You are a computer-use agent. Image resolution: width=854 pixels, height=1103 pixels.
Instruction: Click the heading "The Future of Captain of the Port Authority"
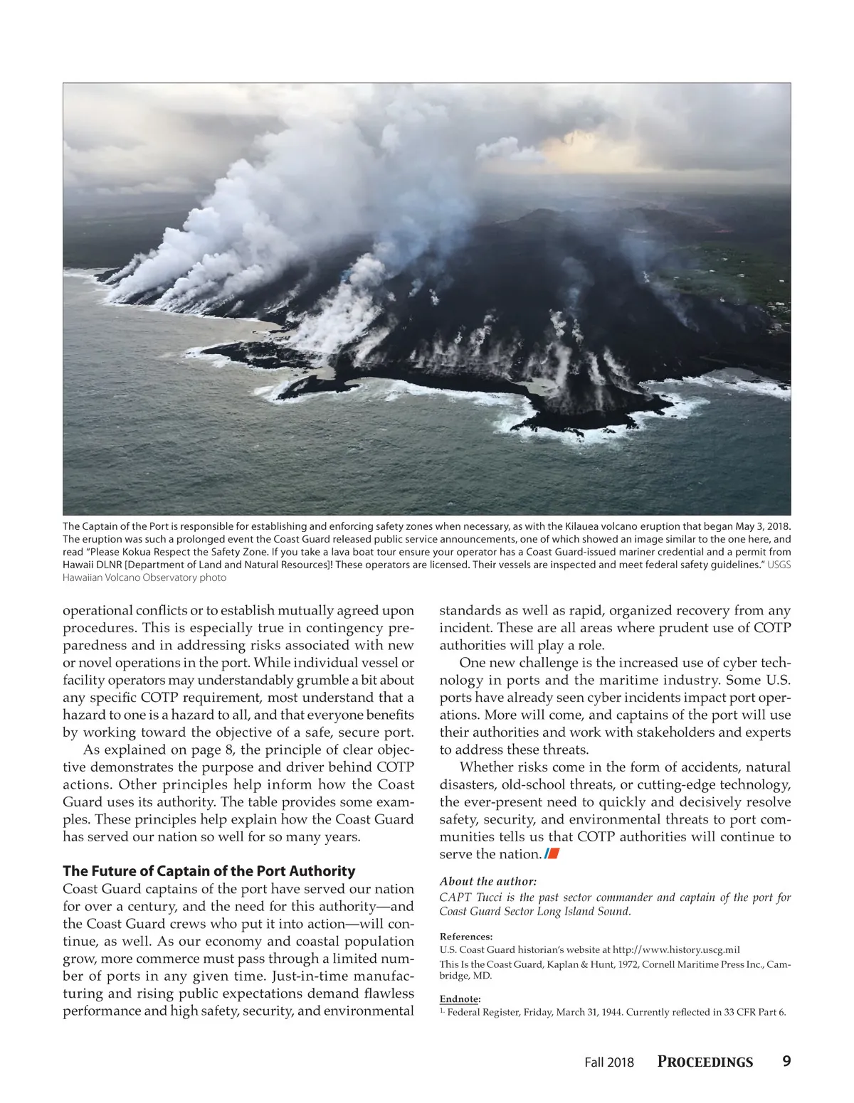(209, 871)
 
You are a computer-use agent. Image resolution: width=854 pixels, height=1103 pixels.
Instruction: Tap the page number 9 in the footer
(786, 1061)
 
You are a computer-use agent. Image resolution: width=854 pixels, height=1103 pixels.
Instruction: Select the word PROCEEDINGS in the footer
(705, 1062)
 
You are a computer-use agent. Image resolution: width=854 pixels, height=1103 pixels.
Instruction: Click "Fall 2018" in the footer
(608, 1062)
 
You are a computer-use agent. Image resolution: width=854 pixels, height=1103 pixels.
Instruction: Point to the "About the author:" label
(487, 881)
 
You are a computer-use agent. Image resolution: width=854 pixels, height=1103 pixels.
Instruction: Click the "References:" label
(465, 937)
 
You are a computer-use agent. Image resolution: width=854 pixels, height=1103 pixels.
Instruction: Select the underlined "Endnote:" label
(460, 999)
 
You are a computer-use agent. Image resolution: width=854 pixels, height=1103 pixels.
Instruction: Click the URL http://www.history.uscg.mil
(676, 949)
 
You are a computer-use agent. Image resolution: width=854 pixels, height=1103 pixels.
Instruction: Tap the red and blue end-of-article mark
(552, 854)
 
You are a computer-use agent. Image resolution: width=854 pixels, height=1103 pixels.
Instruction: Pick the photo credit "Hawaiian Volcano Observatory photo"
(144, 577)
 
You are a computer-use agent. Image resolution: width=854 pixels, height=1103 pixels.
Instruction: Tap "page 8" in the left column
(212, 750)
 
